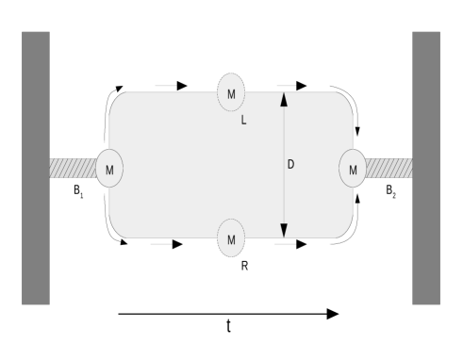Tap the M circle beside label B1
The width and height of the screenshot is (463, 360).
point(109,169)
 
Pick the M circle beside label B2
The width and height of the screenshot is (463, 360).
point(353,169)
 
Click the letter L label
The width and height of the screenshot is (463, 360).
point(244,121)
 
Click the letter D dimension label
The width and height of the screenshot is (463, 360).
point(291,165)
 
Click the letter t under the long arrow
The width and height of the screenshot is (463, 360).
point(228,327)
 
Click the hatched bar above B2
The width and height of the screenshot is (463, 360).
point(389,169)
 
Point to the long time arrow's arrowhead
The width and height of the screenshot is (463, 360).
point(332,313)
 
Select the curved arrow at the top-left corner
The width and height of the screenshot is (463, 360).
point(116,96)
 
